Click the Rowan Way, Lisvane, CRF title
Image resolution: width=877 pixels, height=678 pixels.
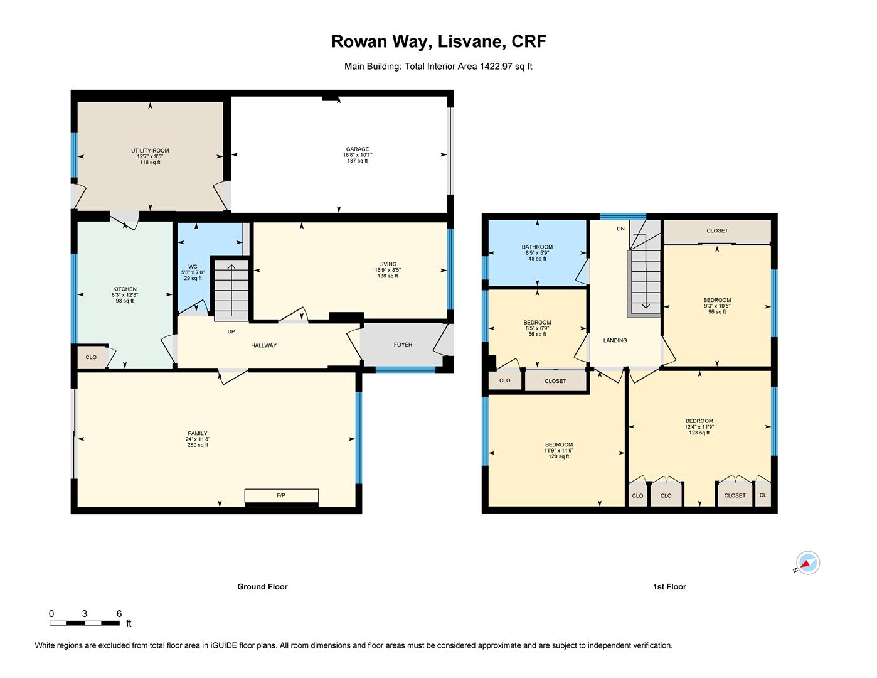pyautogui.click(x=438, y=41)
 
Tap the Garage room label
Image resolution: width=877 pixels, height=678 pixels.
pyautogui.click(x=357, y=149)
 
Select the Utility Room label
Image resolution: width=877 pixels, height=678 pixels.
pyautogui.click(x=150, y=151)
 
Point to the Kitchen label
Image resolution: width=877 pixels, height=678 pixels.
pyautogui.click(x=125, y=289)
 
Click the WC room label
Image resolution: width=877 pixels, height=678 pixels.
pyautogui.click(x=193, y=267)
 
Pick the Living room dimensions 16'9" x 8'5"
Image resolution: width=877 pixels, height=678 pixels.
pyautogui.click(x=388, y=270)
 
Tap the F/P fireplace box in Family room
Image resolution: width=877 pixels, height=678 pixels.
pyautogui.click(x=281, y=495)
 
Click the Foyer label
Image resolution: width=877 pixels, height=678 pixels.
pyautogui.click(x=403, y=345)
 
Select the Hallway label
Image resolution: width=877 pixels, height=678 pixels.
pyautogui.click(x=263, y=346)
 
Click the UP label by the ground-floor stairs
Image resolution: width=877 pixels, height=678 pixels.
pyautogui.click(x=231, y=332)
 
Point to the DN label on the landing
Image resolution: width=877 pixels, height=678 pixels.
pyautogui.click(x=620, y=229)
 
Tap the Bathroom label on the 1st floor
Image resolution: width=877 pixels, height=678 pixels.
pyautogui.click(x=537, y=247)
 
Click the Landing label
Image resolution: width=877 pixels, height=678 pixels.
pyautogui.click(x=615, y=340)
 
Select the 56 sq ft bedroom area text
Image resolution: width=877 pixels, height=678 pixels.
pyautogui.click(x=537, y=335)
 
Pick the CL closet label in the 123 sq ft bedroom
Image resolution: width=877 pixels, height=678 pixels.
pyautogui.click(x=763, y=495)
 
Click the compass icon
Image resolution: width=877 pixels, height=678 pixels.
pyautogui.click(x=807, y=562)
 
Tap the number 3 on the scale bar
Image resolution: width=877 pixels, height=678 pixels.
pyautogui.click(x=84, y=614)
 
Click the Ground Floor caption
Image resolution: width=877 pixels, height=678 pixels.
pyautogui.click(x=262, y=587)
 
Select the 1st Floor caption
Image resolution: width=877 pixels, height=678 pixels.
pyautogui.click(x=669, y=587)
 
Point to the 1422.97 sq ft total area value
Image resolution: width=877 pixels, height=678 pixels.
pyautogui.click(x=506, y=66)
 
